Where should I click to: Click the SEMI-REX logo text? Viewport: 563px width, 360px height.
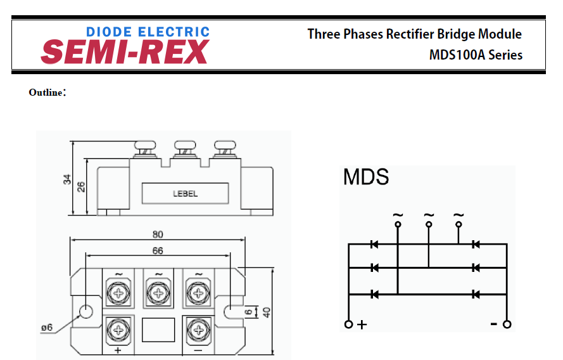pos(125,52)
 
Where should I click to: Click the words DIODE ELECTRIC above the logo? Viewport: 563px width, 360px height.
pos(148,31)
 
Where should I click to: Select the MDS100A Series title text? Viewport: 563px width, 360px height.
pos(476,55)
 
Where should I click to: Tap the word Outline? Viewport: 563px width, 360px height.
pos(46,93)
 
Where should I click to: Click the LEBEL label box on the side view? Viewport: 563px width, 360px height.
pos(185,193)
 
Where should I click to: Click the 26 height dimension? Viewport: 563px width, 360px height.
pos(81,187)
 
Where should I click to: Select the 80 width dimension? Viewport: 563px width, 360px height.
pos(158,234)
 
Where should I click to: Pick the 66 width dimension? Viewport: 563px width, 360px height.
pos(158,251)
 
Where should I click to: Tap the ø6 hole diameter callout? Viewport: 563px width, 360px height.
pos(46,328)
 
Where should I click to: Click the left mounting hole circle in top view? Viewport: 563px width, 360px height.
pos(84,311)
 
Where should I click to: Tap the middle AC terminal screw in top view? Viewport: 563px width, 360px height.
pos(158,292)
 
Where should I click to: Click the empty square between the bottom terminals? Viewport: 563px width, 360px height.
pos(158,330)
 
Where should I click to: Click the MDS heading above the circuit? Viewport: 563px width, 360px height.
pos(365,177)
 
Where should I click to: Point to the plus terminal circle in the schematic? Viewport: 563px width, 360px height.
pos(348,325)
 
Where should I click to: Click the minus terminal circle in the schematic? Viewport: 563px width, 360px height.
pos(507,325)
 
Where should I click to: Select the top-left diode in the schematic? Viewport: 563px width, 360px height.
pos(374,244)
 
